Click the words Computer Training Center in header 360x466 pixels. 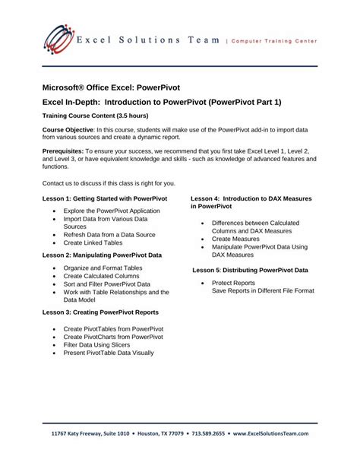tap(275, 40)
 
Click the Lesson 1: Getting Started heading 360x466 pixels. tap(105, 198)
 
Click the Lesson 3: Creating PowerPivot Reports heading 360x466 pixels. tap(100, 312)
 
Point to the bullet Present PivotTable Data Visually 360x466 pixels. tap(109, 353)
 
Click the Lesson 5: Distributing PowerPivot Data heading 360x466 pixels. tap(251, 270)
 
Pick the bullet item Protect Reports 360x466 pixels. tap(233, 283)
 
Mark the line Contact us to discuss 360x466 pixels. tap(109, 183)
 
